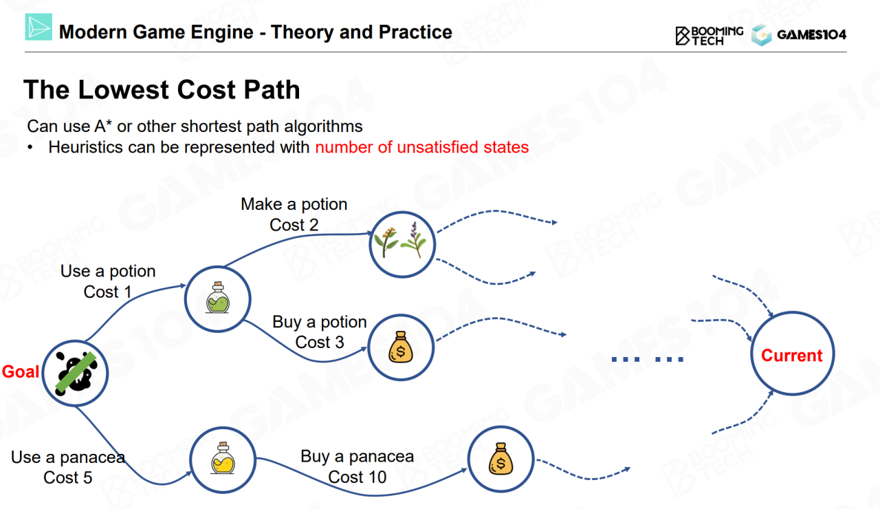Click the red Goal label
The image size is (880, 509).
[21, 371]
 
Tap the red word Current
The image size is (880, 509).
[791, 356]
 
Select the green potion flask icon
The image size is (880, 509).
[218, 298]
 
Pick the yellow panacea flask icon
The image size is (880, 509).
[223, 458]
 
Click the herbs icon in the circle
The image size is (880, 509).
[400, 240]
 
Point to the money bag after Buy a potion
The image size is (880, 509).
[401, 347]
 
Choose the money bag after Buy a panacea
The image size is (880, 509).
[501, 459]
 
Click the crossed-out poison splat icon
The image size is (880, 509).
[76, 373]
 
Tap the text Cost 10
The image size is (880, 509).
[357, 477]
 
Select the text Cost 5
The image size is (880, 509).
[67, 477]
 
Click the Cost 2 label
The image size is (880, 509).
[294, 225]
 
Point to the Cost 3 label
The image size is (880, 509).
[320, 342]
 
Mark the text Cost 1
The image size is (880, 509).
[107, 292]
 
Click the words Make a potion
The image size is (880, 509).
[294, 204]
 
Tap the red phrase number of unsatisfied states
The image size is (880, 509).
[422, 147]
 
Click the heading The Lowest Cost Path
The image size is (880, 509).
[162, 89]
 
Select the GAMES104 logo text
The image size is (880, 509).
[812, 34]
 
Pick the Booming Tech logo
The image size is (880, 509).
[709, 36]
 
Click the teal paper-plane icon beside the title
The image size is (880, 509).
[38, 27]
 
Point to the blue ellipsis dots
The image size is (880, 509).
[648, 359]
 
